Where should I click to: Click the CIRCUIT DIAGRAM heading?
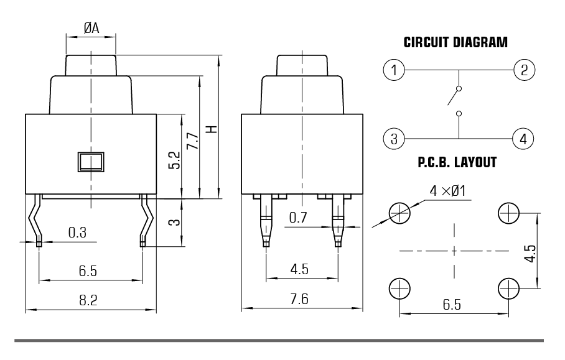[455, 44]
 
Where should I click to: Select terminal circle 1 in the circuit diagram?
[393, 70]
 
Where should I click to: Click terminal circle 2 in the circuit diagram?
[524, 70]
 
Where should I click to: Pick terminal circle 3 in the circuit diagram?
[393, 138]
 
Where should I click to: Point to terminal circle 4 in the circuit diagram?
[524, 138]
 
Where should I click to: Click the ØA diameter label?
[91, 27]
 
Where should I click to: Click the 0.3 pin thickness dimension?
[77, 233]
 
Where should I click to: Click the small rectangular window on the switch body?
[90, 161]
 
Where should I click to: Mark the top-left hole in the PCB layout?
[399, 213]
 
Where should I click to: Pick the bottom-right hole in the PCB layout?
[509, 288]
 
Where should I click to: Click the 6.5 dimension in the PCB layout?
[452, 305]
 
